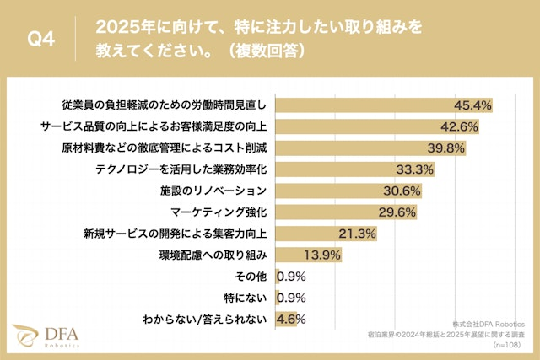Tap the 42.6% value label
(x=460, y=126)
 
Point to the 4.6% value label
(x=291, y=319)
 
